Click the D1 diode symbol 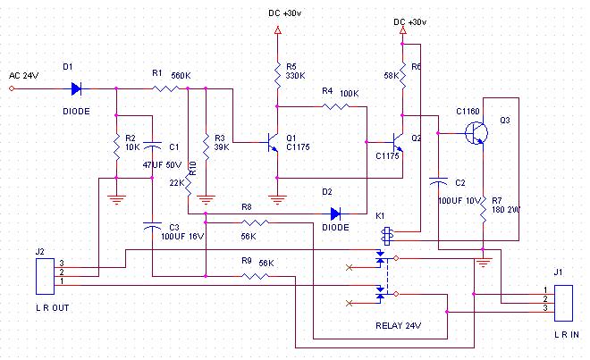click(x=76, y=89)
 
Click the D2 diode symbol click(x=335, y=213)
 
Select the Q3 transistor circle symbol click(x=476, y=133)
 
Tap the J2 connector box click(x=46, y=277)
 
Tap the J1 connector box click(x=563, y=303)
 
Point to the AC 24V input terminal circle click(x=12, y=88)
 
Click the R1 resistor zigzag click(x=165, y=88)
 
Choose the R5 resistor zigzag click(x=278, y=75)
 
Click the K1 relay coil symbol click(x=387, y=236)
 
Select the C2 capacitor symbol click(x=438, y=182)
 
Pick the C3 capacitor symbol click(x=152, y=226)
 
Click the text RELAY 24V click(x=398, y=326)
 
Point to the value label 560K click(x=181, y=76)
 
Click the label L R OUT click(x=53, y=307)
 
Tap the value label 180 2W click(x=506, y=210)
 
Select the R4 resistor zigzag click(x=335, y=107)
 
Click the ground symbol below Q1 click(x=277, y=200)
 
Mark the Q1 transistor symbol click(x=274, y=142)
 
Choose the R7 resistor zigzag click(x=483, y=209)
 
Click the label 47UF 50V click(x=162, y=164)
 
